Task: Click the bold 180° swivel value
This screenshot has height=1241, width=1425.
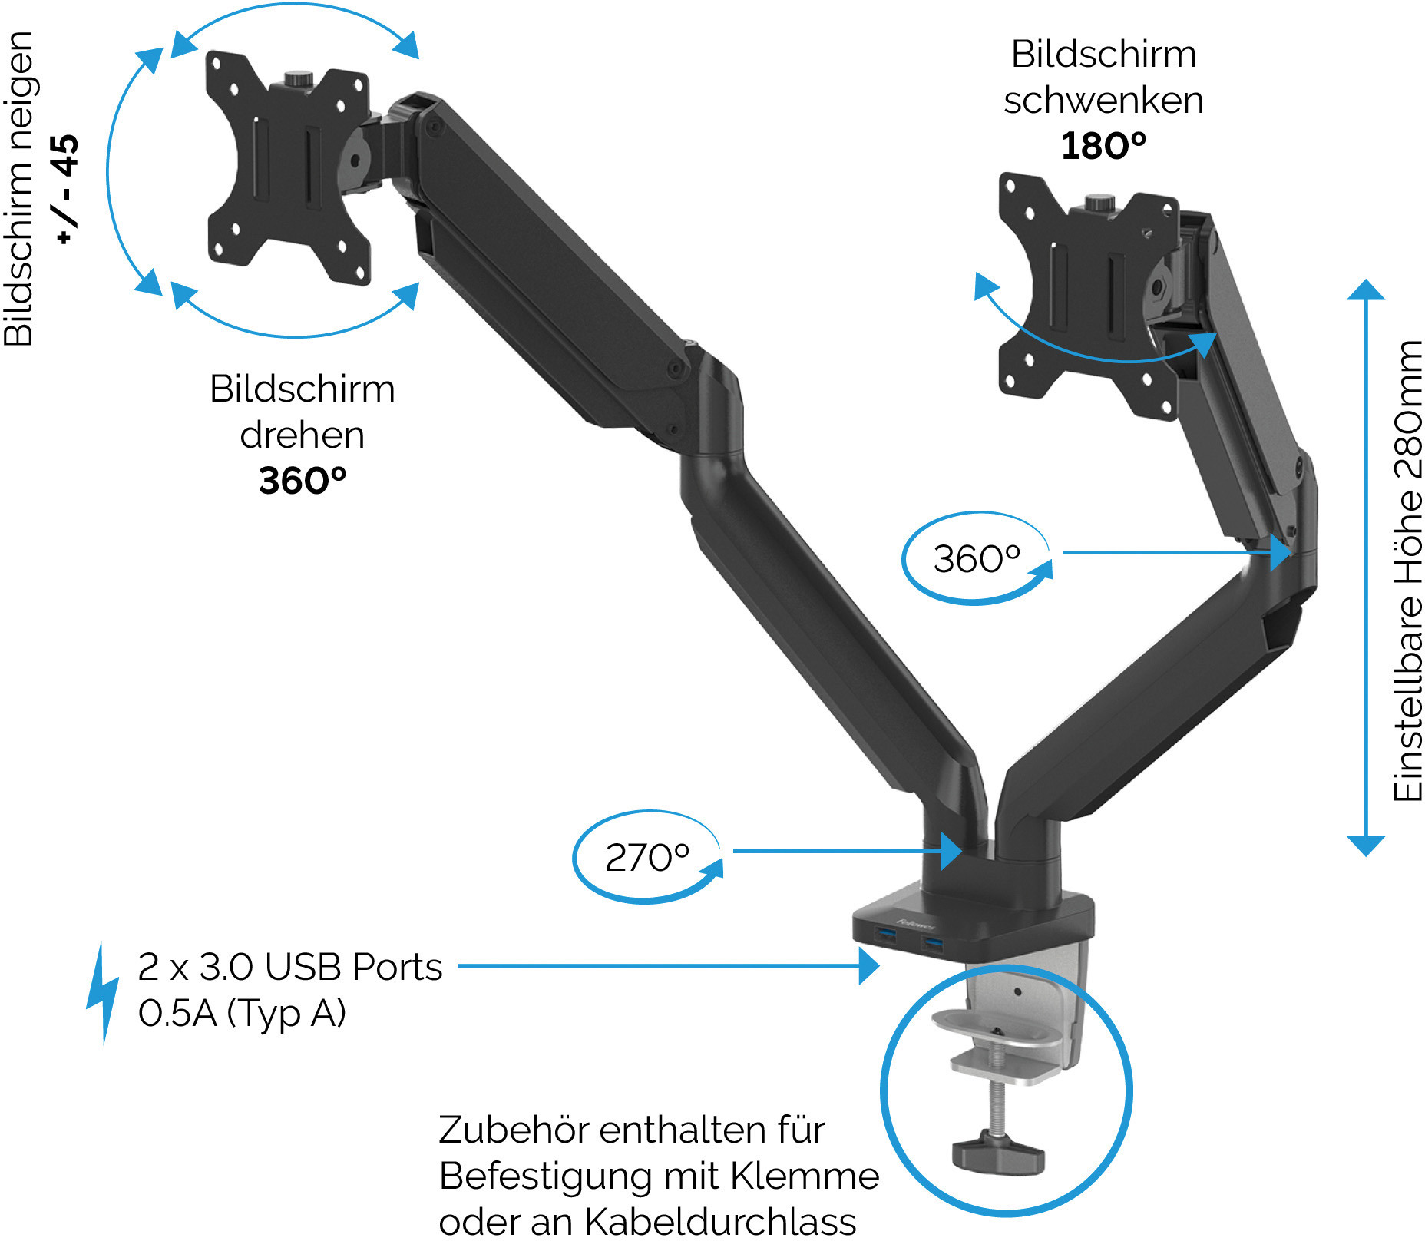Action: click(x=1103, y=145)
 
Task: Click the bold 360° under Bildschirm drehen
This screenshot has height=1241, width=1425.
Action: click(x=303, y=480)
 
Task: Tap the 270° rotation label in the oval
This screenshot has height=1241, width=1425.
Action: click(x=647, y=857)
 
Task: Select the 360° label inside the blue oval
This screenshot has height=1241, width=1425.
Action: click(x=977, y=558)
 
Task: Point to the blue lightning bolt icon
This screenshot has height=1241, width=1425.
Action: click(x=103, y=992)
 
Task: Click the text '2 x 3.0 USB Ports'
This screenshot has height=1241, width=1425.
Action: click(x=289, y=966)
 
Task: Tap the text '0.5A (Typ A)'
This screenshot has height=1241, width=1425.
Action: click(x=242, y=1013)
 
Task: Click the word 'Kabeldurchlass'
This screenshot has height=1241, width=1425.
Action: click(x=720, y=1221)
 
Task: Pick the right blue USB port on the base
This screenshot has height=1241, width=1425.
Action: click(x=932, y=942)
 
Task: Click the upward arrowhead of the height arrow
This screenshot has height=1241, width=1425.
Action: click(x=1366, y=290)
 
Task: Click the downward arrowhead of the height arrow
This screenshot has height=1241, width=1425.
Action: click(x=1366, y=846)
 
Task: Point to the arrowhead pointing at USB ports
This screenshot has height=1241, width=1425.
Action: click(x=869, y=966)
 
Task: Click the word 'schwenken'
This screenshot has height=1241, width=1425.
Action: click(x=1103, y=100)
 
